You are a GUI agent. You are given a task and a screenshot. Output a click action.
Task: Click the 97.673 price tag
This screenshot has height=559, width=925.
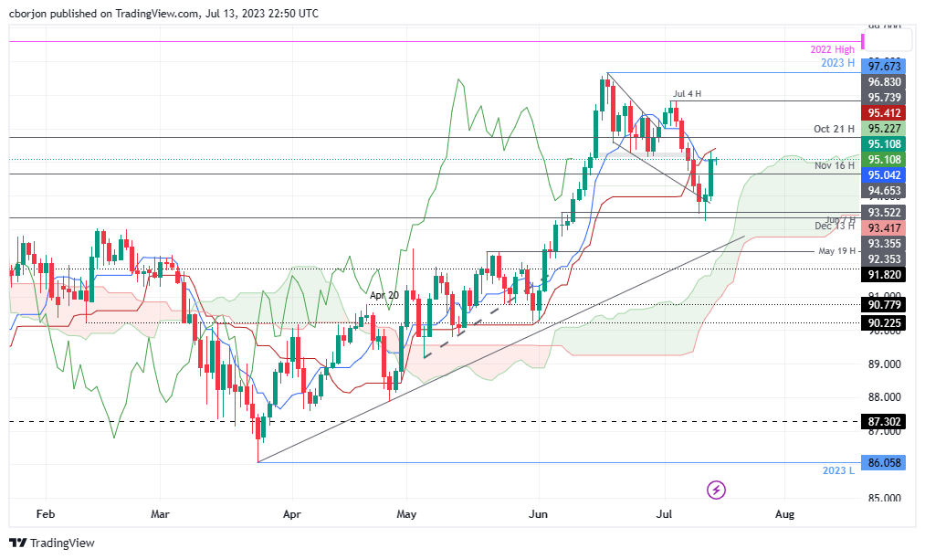[885, 66]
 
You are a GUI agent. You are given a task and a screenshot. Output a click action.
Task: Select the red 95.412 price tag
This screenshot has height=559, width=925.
[885, 113]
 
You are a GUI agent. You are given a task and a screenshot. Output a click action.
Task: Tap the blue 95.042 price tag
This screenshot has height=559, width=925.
[885, 174]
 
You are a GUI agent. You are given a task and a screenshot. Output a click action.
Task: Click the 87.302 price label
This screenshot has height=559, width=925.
[885, 421]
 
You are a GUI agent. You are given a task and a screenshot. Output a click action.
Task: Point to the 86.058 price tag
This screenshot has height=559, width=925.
[885, 463]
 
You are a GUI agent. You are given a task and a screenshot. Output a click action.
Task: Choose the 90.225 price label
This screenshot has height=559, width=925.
[885, 322]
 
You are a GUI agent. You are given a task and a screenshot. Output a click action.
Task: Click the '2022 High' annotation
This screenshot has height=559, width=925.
[832, 49]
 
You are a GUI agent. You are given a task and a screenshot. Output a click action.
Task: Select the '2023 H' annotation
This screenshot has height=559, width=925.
[837, 63]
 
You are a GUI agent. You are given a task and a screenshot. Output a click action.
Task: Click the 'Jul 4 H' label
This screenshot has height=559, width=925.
[688, 94]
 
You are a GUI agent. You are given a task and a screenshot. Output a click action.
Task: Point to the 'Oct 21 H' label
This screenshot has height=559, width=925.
[833, 130]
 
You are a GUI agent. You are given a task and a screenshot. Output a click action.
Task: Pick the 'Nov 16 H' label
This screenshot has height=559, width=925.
[834, 165]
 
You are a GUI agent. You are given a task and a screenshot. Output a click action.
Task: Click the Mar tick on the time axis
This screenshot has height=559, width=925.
[161, 514]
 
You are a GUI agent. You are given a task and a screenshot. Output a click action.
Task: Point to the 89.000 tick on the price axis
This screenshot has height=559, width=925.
[885, 364]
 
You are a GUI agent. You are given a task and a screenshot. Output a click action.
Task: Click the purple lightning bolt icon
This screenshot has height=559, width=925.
[717, 490]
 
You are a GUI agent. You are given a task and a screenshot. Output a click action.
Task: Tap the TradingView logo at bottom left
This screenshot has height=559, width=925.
[53, 543]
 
